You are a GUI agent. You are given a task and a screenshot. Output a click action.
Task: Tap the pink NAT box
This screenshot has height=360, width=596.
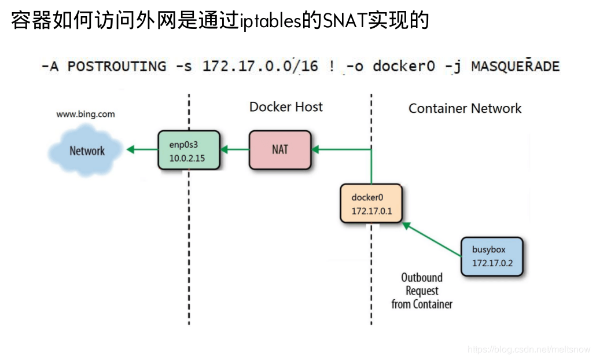[280, 150]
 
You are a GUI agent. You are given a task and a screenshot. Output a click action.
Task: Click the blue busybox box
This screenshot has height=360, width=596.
[492, 256]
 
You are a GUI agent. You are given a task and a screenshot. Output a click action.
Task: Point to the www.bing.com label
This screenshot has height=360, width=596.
[85, 114]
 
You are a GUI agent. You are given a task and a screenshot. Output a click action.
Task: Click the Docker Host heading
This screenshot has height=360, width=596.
[286, 107]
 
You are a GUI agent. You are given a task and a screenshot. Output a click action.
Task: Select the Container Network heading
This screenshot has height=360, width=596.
[465, 108]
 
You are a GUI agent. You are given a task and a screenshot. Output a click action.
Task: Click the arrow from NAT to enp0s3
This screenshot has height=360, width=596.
[236, 150]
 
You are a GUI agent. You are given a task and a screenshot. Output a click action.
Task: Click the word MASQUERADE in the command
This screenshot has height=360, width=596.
[515, 66]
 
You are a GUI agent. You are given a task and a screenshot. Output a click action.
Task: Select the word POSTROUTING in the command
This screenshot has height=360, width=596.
[116, 66]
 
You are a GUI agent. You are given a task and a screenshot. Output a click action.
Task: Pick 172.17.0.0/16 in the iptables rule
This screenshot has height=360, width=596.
[260, 66]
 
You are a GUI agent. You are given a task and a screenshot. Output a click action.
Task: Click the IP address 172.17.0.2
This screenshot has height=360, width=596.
[492, 263]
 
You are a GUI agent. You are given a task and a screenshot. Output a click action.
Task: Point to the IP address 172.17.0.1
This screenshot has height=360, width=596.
[371, 211]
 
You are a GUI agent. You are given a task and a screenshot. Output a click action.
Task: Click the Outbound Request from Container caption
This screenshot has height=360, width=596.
[422, 291]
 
